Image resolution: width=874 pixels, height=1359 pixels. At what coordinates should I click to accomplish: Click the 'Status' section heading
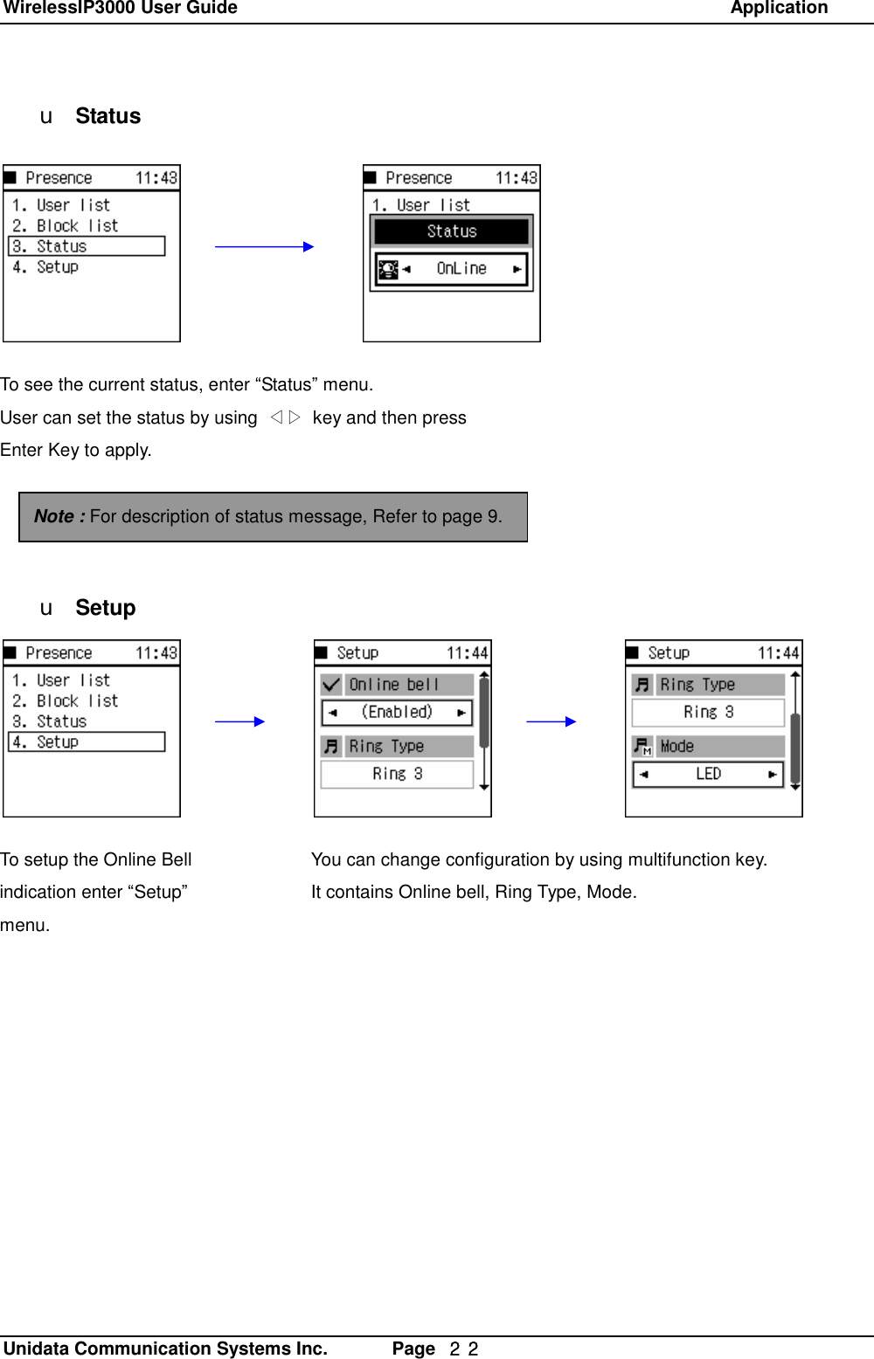108,116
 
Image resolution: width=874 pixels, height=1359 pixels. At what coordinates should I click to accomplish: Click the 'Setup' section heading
105,608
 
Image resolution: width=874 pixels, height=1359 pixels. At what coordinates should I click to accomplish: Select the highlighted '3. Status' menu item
87,246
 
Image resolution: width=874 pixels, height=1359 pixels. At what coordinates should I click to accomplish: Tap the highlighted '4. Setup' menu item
87,742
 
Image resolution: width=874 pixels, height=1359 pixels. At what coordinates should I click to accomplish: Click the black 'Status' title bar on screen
451,231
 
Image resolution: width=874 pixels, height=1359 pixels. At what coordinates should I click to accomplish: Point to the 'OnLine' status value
461,269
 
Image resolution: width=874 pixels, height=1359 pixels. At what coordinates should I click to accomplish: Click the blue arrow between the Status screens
264,247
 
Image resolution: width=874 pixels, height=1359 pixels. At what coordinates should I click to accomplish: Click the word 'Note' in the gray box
54,516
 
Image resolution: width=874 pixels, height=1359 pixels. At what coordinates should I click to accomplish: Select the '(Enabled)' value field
397,712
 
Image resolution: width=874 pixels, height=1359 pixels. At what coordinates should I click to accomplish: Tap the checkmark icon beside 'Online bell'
331,685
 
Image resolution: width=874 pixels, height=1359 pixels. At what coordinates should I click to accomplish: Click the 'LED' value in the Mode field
708,774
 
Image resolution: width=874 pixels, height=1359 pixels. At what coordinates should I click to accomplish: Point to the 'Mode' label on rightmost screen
676,747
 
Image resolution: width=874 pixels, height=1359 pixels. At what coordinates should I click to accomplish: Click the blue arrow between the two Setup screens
551,721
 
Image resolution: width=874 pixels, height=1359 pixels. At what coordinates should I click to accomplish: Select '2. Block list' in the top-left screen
66,225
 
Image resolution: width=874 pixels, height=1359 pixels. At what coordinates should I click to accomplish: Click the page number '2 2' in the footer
463,1349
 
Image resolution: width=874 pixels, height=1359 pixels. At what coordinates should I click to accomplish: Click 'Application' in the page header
779,9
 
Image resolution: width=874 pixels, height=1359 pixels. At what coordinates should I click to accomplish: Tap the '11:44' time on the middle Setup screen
467,653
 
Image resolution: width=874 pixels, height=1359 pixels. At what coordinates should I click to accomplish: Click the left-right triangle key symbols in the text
285,417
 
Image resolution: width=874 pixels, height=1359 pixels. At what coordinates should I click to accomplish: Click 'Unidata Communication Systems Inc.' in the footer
165,1349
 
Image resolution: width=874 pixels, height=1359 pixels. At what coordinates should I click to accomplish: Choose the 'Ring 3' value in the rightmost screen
708,713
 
